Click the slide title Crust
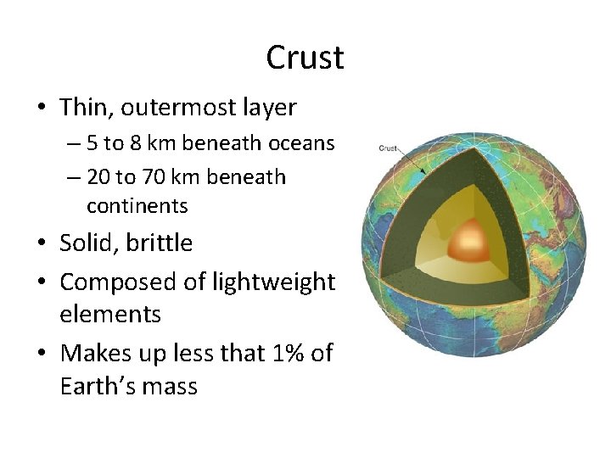click(305, 58)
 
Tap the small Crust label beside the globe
click(388, 148)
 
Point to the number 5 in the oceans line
click(92, 143)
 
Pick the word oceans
click(301, 143)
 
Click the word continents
click(137, 205)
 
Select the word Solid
click(90, 243)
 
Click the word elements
click(110, 315)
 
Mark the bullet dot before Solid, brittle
click(40, 244)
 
